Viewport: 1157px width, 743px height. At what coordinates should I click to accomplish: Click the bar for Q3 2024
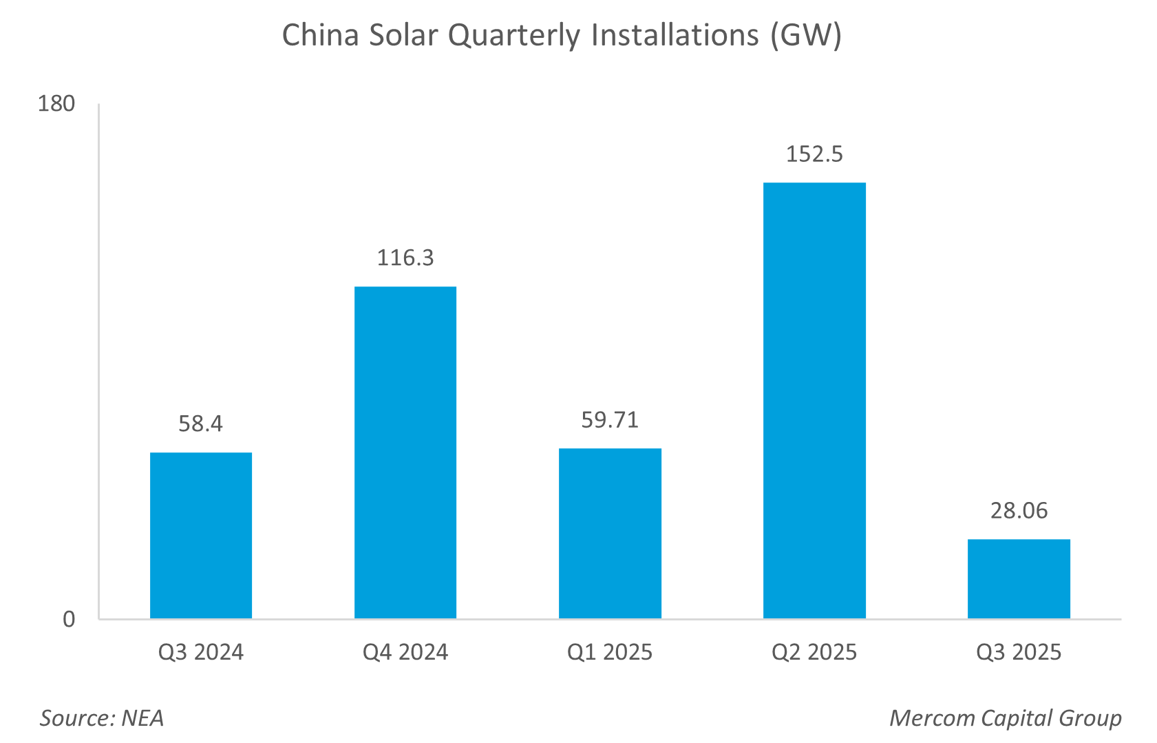(201, 535)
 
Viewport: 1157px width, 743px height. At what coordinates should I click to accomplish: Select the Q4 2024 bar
(405, 452)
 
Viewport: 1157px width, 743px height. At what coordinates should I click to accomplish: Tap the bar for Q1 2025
(610, 533)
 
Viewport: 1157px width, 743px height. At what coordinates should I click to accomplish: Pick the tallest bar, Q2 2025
(814, 400)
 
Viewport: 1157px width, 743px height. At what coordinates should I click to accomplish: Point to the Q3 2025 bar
(1019, 578)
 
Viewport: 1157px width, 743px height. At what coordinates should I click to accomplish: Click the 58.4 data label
(201, 423)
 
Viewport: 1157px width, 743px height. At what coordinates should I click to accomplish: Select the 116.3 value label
(405, 258)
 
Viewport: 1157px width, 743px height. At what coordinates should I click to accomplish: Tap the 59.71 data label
(610, 419)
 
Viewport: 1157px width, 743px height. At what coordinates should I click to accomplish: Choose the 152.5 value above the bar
(814, 154)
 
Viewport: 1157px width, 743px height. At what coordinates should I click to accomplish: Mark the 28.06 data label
(1019, 510)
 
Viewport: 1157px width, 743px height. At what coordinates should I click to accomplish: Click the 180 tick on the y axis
(56, 103)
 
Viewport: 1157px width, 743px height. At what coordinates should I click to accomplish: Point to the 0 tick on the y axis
(69, 619)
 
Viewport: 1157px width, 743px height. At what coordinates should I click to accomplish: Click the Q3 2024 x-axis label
(201, 652)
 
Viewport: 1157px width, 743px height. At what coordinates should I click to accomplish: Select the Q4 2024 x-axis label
(405, 652)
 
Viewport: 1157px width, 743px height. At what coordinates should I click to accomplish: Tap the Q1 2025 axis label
(610, 652)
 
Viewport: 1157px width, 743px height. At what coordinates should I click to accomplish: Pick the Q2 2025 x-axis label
(814, 652)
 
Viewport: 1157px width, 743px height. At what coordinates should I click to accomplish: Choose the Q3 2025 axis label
(1019, 652)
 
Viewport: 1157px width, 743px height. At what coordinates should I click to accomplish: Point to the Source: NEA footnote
(102, 718)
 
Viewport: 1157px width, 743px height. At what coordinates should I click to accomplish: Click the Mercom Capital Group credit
(1006, 718)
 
